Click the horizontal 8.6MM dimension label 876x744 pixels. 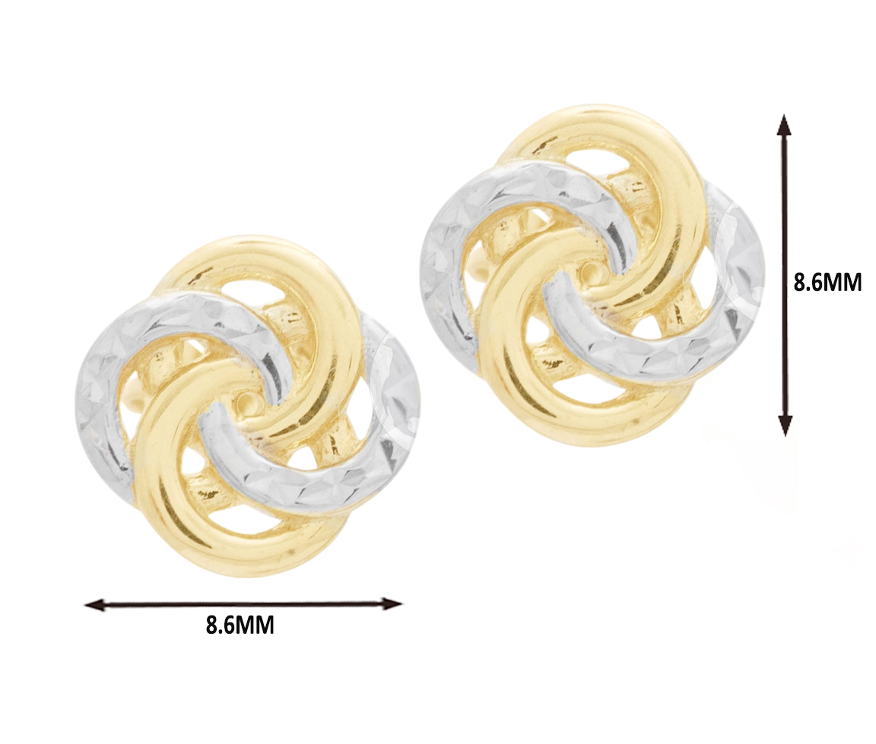pos(240,625)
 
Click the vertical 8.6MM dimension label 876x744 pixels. pos(827,283)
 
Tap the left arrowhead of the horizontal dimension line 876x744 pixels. pos(94,604)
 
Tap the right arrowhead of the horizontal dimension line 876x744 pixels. pos(392,603)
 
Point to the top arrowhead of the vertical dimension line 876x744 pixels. pos(785,125)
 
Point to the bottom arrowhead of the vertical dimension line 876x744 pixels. pos(786,426)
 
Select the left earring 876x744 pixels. pos(247,407)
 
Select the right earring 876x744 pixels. pos(592,277)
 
